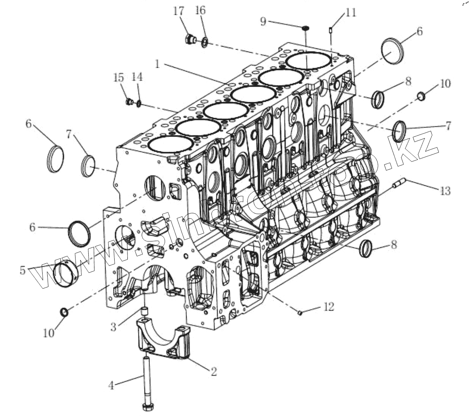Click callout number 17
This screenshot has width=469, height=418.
pyautogui.click(x=179, y=11)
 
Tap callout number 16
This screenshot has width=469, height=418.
pyautogui.click(x=201, y=10)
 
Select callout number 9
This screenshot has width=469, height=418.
pyautogui.click(x=263, y=21)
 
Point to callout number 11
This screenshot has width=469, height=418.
pyautogui.click(x=350, y=12)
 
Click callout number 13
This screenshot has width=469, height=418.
pyautogui.click(x=445, y=190)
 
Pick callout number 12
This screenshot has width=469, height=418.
pyautogui.click(x=328, y=307)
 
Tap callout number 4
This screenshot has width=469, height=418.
pyautogui.click(x=112, y=385)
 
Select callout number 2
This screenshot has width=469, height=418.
pyautogui.click(x=213, y=372)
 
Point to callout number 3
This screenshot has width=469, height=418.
pyautogui.click(x=113, y=327)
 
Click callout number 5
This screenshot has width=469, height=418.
pyautogui.click(x=23, y=270)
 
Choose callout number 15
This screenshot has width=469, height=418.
pyautogui.click(x=118, y=77)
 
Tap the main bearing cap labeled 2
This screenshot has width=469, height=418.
pyautogui.click(x=163, y=341)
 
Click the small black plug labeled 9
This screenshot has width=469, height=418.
pyautogui.click(x=306, y=27)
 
